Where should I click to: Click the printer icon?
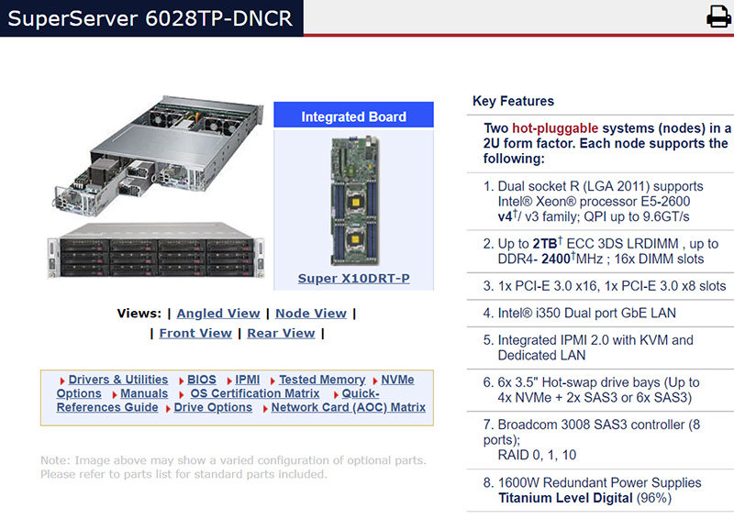pyautogui.click(x=717, y=17)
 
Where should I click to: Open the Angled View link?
pyautogui.click(x=218, y=314)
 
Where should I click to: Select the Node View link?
pyautogui.click(x=311, y=314)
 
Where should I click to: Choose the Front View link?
pyautogui.click(x=195, y=334)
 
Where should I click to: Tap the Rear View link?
pyautogui.click(x=281, y=334)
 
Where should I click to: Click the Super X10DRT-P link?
pyautogui.click(x=353, y=278)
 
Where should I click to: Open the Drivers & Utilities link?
pyautogui.click(x=117, y=380)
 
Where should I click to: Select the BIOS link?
pyautogui.click(x=202, y=380)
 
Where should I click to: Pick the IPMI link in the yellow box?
pyautogui.click(x=248, y=380)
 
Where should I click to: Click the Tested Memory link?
pyautogui.click(x=322, y=380)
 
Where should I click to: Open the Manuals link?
pyautogui.click(x=144, y=393)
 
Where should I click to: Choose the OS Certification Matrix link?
pyautogui.click(x=254, y=393)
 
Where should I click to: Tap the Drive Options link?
pyautogui.click(x=213, y=407)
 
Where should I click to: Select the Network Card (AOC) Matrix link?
pyautogui.click(x=349, y=407)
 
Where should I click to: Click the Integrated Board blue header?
pyautogui.click(x=353, y=116)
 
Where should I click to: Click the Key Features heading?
pyautogui.click(x=513, y=101)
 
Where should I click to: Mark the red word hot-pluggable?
pyautogui.click(x=555, y=128)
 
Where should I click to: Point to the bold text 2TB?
pyautogui.click(x=543, y=244)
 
